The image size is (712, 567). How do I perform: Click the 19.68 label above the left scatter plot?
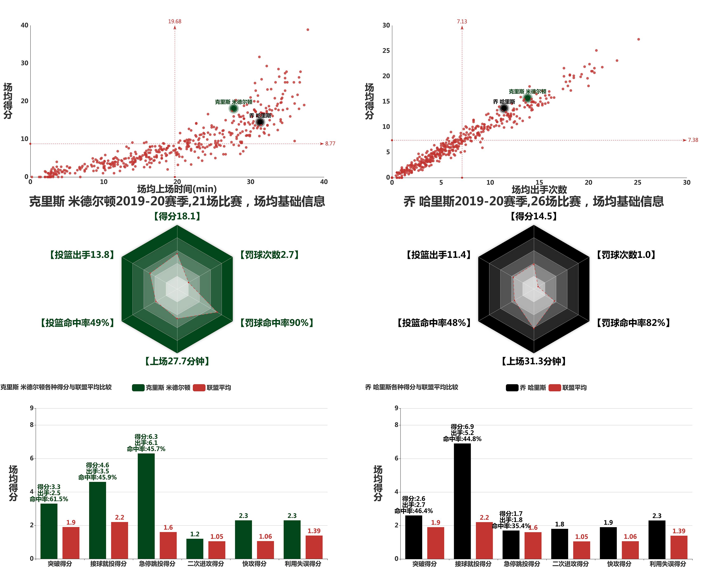(175, 21)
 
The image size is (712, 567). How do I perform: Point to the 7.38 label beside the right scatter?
(693, 140)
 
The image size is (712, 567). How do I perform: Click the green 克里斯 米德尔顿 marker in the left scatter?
(233, 108)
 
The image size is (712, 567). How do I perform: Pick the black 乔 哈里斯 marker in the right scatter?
(504, 108)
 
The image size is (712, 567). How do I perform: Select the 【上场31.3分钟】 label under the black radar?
(534, 361)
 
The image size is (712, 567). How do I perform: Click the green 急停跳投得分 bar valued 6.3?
(146, 506)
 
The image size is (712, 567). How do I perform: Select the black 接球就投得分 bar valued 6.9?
(462, 501)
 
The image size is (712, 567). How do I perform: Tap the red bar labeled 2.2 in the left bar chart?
(119, 540)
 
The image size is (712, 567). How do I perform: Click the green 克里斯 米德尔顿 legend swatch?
(138, 388)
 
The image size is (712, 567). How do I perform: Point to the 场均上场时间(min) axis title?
(177, 189)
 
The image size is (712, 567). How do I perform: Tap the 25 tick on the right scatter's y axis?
(386, 51)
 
